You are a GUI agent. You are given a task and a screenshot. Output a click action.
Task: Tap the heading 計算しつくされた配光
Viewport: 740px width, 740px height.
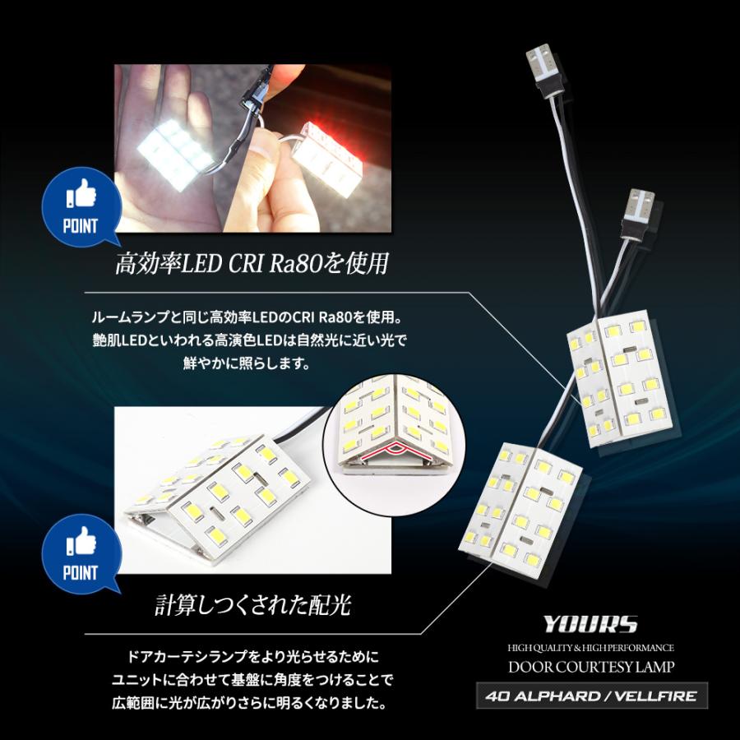tap(253, 606)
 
